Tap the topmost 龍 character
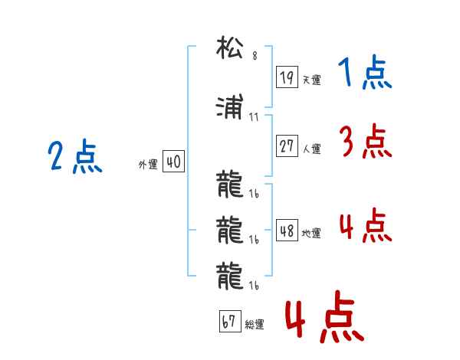(x=229, y=185)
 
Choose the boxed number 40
(x=173, y=162)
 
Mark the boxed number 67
(x=228, y=322)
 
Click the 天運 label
(x=311, y=80)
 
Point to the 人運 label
(x=311, y=149)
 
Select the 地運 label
(x=311, y=234)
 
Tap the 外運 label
(x=148, y=165)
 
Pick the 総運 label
(x=254, y=325)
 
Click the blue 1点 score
(x=365, y=74)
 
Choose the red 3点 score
(x=366, y=142)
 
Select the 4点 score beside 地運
(x=366, y=227)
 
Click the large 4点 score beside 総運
(x=324, y=318)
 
